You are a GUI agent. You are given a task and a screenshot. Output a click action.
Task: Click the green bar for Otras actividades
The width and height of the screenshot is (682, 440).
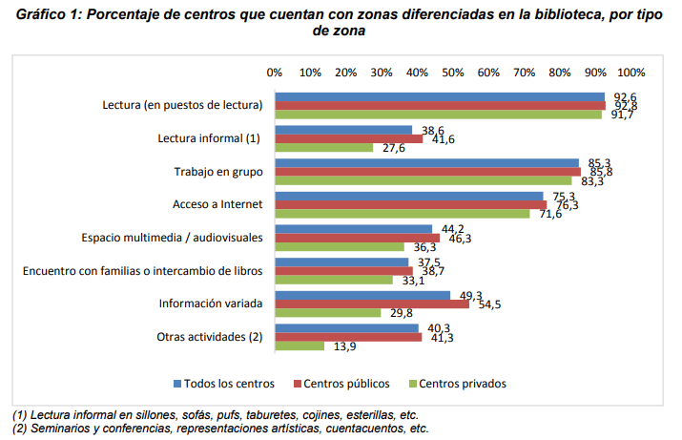(299, 346)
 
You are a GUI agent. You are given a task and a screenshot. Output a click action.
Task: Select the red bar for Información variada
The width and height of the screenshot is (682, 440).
(372, 304)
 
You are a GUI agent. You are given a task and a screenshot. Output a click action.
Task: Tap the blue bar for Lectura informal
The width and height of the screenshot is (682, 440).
(343, 130)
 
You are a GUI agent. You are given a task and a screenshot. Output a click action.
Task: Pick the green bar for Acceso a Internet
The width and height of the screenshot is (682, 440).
(403, 214)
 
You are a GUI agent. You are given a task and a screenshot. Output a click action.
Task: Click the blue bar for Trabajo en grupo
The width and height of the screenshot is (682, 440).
(426, 163)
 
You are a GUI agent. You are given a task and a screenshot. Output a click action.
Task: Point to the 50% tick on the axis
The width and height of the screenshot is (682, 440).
(453, 73)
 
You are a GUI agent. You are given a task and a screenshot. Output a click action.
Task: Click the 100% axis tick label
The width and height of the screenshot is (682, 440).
(631, 73)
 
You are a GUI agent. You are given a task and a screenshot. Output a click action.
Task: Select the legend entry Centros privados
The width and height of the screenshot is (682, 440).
(462, 384)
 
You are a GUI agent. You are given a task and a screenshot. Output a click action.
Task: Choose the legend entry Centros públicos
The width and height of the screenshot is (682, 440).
(346, 384)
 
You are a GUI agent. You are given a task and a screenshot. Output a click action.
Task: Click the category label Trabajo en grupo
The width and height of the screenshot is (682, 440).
(217, 171)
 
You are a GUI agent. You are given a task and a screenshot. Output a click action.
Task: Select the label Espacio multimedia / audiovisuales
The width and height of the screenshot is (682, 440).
(171, 238)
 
